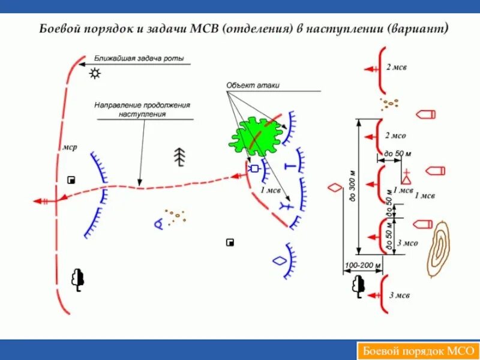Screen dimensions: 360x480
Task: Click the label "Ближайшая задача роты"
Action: [139, 59]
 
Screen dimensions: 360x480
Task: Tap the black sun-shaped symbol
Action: [94, 74]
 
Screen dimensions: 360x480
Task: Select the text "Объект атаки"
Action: [253, 86]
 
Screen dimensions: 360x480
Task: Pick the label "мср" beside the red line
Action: [69, 148]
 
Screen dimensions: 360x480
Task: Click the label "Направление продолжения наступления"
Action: [142, 109]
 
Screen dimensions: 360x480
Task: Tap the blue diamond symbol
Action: [279, 261]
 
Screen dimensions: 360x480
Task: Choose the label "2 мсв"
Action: [397, 67]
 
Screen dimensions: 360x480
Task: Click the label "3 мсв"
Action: [400, 295]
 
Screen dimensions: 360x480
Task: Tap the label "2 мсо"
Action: [397, 136]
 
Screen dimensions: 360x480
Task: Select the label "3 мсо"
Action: [408, 243]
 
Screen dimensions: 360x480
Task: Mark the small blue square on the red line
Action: [254, 169]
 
